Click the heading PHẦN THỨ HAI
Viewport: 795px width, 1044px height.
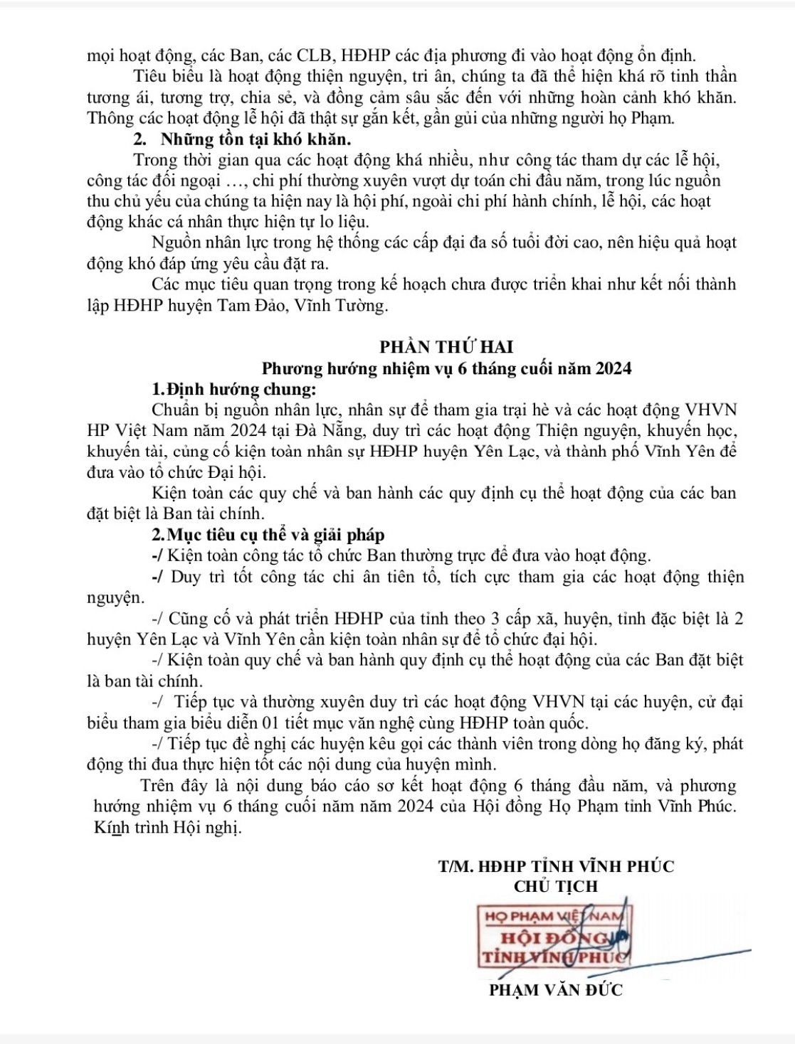tap(446, 347)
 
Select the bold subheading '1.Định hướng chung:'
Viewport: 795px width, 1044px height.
tap(232, 390)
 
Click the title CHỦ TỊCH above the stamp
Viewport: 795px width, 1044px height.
tap(556, 886)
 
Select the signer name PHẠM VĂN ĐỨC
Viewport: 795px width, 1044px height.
tap(556, 990)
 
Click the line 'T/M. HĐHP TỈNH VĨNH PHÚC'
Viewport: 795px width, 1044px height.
tap(556, 866)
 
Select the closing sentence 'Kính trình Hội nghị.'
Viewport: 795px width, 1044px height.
tap(167, 829)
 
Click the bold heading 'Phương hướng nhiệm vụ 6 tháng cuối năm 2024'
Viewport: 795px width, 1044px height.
tap(446, 368)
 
